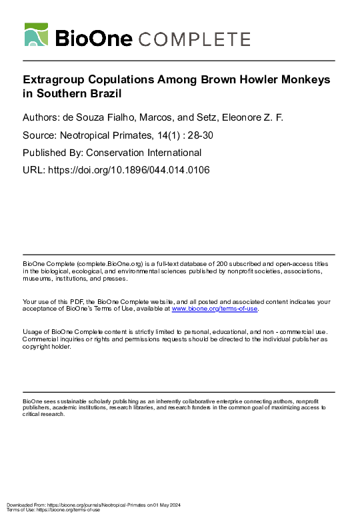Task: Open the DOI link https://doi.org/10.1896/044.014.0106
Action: coord(127,170)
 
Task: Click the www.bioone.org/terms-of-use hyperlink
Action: coord(215,309)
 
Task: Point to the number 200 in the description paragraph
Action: coord(232,264)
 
